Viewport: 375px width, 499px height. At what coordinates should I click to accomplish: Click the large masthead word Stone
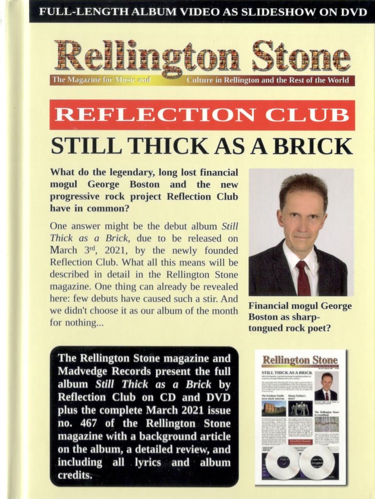pos(301,57)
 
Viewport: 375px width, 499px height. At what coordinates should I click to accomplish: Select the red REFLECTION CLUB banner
pos(202,115)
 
